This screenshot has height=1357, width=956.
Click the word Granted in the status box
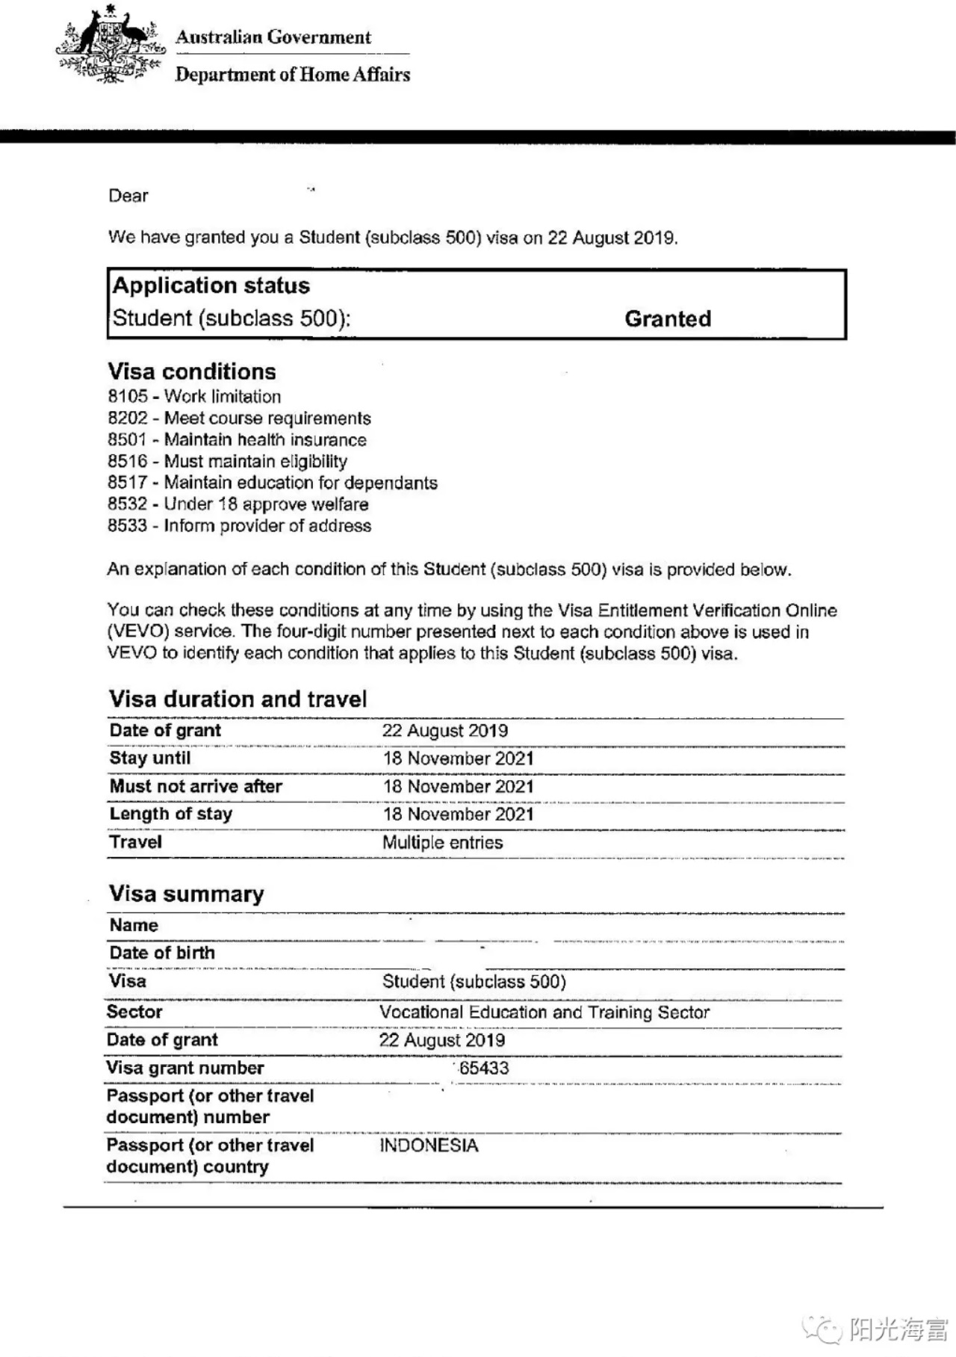tap(668, 319)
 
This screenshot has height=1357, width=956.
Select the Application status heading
tap(211, 285)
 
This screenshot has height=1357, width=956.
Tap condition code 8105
tap(128, 397)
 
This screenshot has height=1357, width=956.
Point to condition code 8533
tap(128, 526)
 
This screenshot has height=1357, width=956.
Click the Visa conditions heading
tap(192, 371)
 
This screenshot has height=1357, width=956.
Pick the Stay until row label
tap(150, 758)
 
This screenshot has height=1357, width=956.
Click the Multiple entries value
tap(443, 843)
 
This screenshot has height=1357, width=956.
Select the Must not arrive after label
tap(196, 786)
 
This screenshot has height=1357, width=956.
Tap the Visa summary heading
tap(187, 894)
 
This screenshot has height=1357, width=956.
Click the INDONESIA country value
tap(429, 1146)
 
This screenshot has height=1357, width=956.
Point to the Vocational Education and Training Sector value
tap(544, 1013)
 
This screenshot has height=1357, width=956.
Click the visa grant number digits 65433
tap(484, 1068)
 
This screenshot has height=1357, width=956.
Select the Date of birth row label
tap(162, 953)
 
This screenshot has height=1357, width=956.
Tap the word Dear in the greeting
tap(128, 196)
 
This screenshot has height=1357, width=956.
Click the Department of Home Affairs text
tap(293, 75)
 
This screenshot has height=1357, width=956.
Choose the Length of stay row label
tap(171, 814)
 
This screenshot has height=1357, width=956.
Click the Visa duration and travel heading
tap(238, 699)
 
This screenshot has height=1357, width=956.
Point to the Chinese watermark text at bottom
tap(898, 1329)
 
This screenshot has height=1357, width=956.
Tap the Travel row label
tap(135, 842)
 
